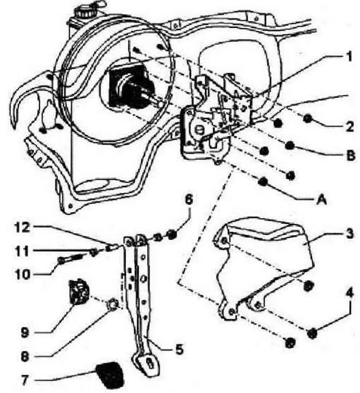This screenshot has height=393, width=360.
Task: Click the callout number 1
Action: (x=349, y=56)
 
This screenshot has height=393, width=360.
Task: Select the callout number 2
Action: (x=349, y=126)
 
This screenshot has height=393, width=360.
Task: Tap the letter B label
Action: (x=350, y=155)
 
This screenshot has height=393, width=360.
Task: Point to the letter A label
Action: (x=321, y=200)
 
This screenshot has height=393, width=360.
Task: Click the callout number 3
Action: (x=349, y=233)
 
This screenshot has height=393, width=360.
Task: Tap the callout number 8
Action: (x=25, y=356)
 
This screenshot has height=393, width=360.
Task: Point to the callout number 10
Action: (x=23, y=274)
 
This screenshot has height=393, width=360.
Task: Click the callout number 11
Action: (x=23, y=251)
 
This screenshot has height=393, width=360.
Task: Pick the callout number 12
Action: (x=23, y=228)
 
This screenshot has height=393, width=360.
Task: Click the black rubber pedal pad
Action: (x=109, y=374)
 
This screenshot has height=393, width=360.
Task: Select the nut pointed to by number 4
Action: (x=312, y=333)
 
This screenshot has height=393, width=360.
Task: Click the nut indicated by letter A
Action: (x=263, y=181)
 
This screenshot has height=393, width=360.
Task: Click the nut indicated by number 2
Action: (x=307, y=118)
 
